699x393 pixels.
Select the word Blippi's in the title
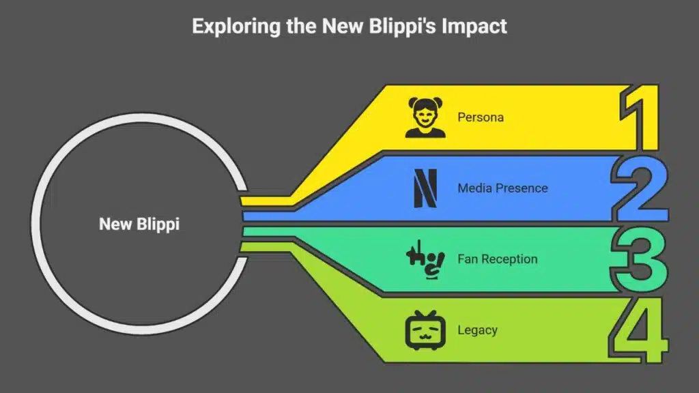click(401, 26)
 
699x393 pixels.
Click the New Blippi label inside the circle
click(139, 224)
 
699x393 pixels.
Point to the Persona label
click(481, 117)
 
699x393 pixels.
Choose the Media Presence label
click(502, 188)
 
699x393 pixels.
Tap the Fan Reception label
click(497, 259)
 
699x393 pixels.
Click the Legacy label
click(477, 330)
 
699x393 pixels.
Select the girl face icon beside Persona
click(425, 117)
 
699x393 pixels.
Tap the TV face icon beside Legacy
click(425, 330)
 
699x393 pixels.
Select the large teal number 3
click(638, 259)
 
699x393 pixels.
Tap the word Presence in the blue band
click(522, 188)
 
